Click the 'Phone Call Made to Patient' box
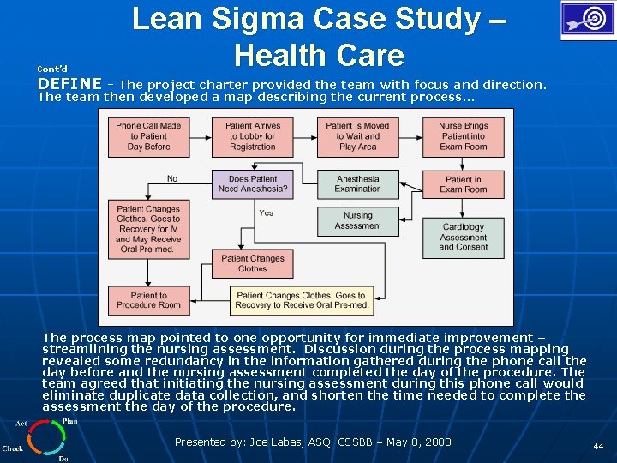[148, 136]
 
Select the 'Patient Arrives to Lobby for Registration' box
[253, 136]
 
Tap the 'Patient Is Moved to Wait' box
[357, 136]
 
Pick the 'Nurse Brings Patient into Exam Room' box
[463, 136]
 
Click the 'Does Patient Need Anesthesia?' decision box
[253, 184]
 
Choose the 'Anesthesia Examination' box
[357, 184]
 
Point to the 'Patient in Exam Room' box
[463, 184]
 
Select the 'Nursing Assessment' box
[357, 221]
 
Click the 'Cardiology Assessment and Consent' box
[463, 238]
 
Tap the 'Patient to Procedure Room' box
[148, 300]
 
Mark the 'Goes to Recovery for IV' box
[148, 229]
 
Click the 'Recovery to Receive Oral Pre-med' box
[303, 300]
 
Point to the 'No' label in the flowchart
[172, 179]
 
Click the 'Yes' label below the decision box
[266, 213]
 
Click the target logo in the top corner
[586, 21]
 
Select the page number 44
[597, 447]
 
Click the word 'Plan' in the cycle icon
[70, 421]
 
